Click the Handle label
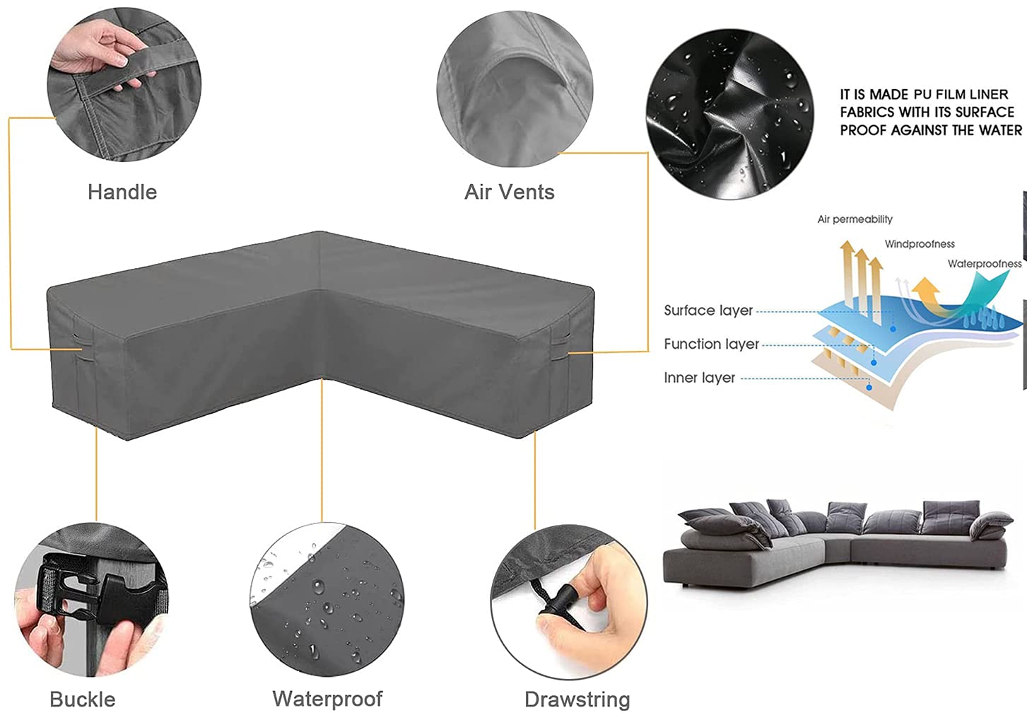[122, 192]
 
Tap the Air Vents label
[509, 192]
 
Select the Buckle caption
[82, 699]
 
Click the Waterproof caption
[327, 699]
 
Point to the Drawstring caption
[577, 699]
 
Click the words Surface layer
[708, 311]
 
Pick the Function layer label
[711, 344]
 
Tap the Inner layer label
[699, 378]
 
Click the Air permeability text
[855, 219]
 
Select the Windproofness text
[920, 244]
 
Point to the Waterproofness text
[984, 264]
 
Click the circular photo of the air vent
[514, 88]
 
